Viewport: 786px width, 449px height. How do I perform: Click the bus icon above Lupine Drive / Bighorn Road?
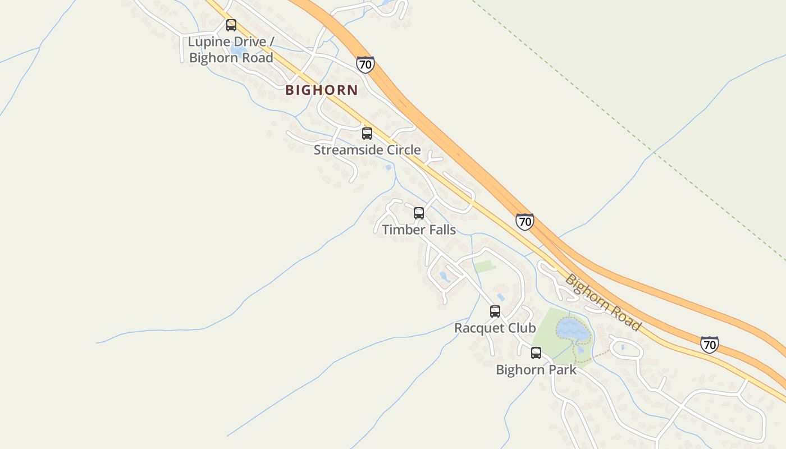(x=231, y=25)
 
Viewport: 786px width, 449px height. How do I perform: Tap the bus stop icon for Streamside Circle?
(x=367, y=134)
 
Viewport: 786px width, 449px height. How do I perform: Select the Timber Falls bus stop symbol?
(x=419, y=213)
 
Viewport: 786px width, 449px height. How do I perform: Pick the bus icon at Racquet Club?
(x=495, y=311)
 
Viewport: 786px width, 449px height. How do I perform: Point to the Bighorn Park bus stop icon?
(x=536, y=353)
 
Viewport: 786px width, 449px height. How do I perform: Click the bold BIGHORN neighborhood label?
(x=321, y=90)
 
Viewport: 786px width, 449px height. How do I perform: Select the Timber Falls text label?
(x=419, y=230)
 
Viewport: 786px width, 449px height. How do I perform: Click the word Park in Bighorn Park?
(x=563, y=370)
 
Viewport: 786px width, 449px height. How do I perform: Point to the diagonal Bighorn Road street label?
(x=603, y=302)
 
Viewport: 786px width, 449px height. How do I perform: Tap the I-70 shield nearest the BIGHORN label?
(x=365, y=65)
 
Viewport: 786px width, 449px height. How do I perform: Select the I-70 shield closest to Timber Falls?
(x=524, y=222)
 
